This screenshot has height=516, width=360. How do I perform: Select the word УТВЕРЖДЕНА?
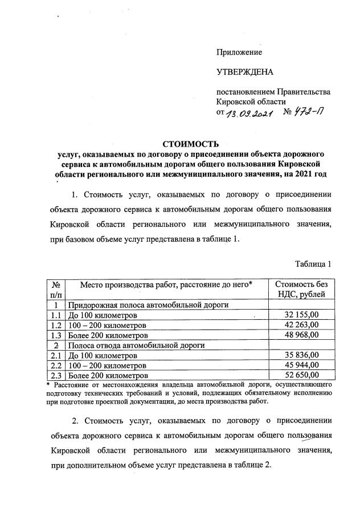coord(245,72)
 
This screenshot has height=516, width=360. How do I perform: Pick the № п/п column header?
coord(56,289)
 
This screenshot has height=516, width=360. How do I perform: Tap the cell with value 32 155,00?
coord(301,315)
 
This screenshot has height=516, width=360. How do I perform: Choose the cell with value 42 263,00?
coord(301,325)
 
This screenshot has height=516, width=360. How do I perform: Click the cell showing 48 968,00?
coord(301,335)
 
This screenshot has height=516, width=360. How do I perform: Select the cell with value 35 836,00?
coord(301,355)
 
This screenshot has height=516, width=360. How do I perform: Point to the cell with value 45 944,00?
coord(301,365)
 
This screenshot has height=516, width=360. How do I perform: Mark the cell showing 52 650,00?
coord(301,375)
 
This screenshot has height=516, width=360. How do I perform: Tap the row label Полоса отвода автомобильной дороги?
coord(136,345)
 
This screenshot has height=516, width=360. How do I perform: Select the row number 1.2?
coord(56,325)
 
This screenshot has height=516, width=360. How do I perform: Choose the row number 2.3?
coord(56,375)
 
